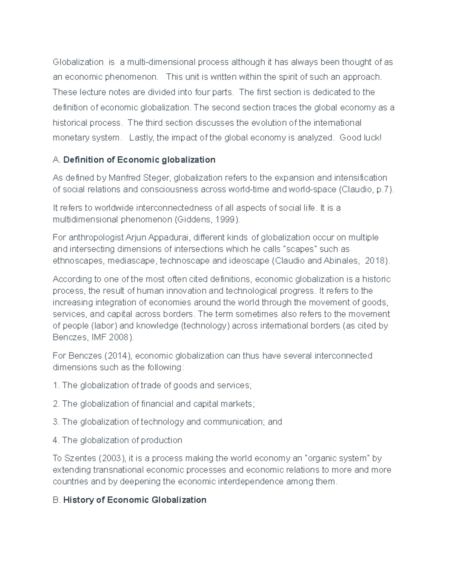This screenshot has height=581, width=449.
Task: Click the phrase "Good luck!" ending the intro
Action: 360,138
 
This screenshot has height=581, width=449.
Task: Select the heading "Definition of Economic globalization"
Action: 139,160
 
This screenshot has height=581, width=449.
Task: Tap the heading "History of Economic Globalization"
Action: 135,500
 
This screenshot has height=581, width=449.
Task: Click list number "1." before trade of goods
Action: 56,386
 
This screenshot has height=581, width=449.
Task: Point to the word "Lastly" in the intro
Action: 141,138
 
